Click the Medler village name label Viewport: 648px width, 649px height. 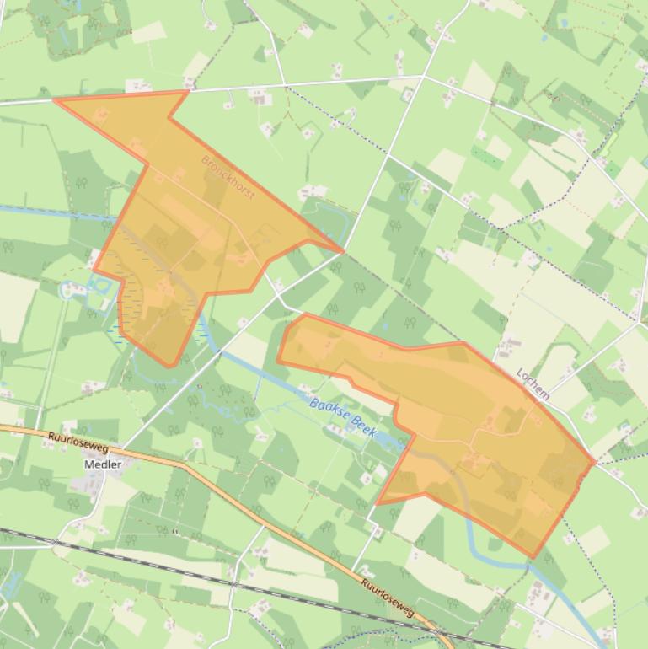click(x=103, y=464)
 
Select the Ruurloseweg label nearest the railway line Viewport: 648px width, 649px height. click(x=388, y=596)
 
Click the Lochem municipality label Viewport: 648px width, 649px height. click(x=533, y=383)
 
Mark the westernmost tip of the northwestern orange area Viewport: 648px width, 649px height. click(x=55, y=99)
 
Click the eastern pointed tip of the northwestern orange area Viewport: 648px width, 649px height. click(x=342, y=251)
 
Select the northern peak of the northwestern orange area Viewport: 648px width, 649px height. click(x=186, y=92)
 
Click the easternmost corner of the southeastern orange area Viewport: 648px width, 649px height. click(x=594, y=461)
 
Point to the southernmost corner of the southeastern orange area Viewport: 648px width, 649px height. click(x=533, y=556)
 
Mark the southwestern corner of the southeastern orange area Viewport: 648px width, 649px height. click(x=378, y=503)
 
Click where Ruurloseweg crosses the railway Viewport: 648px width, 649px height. click(x=438, y=633)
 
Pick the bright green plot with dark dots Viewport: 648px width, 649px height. click(x=485, y=157)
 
